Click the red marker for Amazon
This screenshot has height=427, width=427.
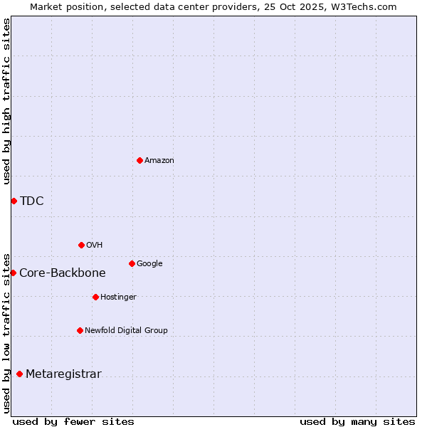[x=139, y=160]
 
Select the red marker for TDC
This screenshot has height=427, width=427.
[x=14, y=201]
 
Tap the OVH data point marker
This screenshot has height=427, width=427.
[x=81, y=245]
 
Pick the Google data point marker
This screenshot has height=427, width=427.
[x=132, y=263]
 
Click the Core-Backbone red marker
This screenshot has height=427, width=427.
[x=13, y=273]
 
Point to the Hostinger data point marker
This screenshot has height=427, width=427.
[x=95, y=297]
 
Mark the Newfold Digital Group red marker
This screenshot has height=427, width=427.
[x=80, y=330]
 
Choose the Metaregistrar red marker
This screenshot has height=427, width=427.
[x=19, y=374]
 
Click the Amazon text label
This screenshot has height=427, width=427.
[x=159, y=161]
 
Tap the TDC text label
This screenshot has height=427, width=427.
[x=32, y=201]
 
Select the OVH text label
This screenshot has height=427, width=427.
[x=95, y=246]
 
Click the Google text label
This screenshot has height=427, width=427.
[x=149, y=264]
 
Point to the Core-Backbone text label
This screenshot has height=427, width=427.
[x=63, y=273]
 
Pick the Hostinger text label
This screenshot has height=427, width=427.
[x=118, y=297]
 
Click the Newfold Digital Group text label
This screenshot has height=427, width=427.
[x=127, y=331]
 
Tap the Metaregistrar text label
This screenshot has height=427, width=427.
[x=63, y=374]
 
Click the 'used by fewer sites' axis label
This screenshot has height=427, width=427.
[x=73, y=421]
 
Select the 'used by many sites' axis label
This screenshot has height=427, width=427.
[x=357, y=421]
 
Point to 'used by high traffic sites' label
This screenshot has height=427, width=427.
[x=6, y=101]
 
